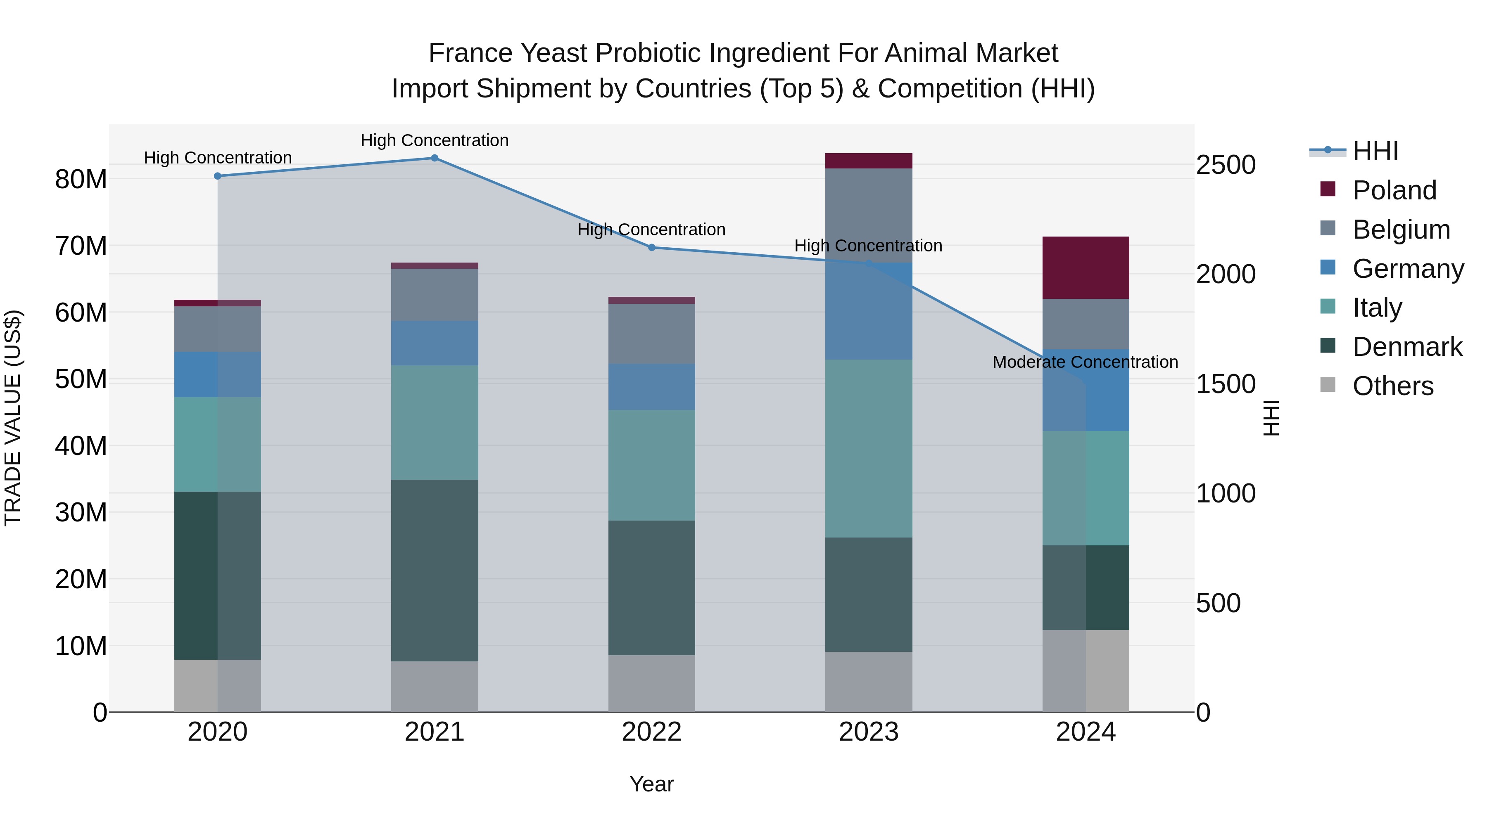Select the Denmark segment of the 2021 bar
click(435, 570)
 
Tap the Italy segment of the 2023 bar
click(868, 448)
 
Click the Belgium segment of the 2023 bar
click(868, 215)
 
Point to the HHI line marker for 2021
click(435, 158)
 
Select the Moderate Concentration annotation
click(1085, 362)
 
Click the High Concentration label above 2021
click(435, 140)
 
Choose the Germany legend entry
click(1407, 269)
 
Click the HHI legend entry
click(1375, 151)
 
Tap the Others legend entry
click(1392, 386)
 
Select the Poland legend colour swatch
click(1328, 189)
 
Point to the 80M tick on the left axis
click(81, 180)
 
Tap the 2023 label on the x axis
click(868, 732)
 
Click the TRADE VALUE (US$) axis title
click(13, 418)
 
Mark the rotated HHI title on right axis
click(1271, 418)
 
